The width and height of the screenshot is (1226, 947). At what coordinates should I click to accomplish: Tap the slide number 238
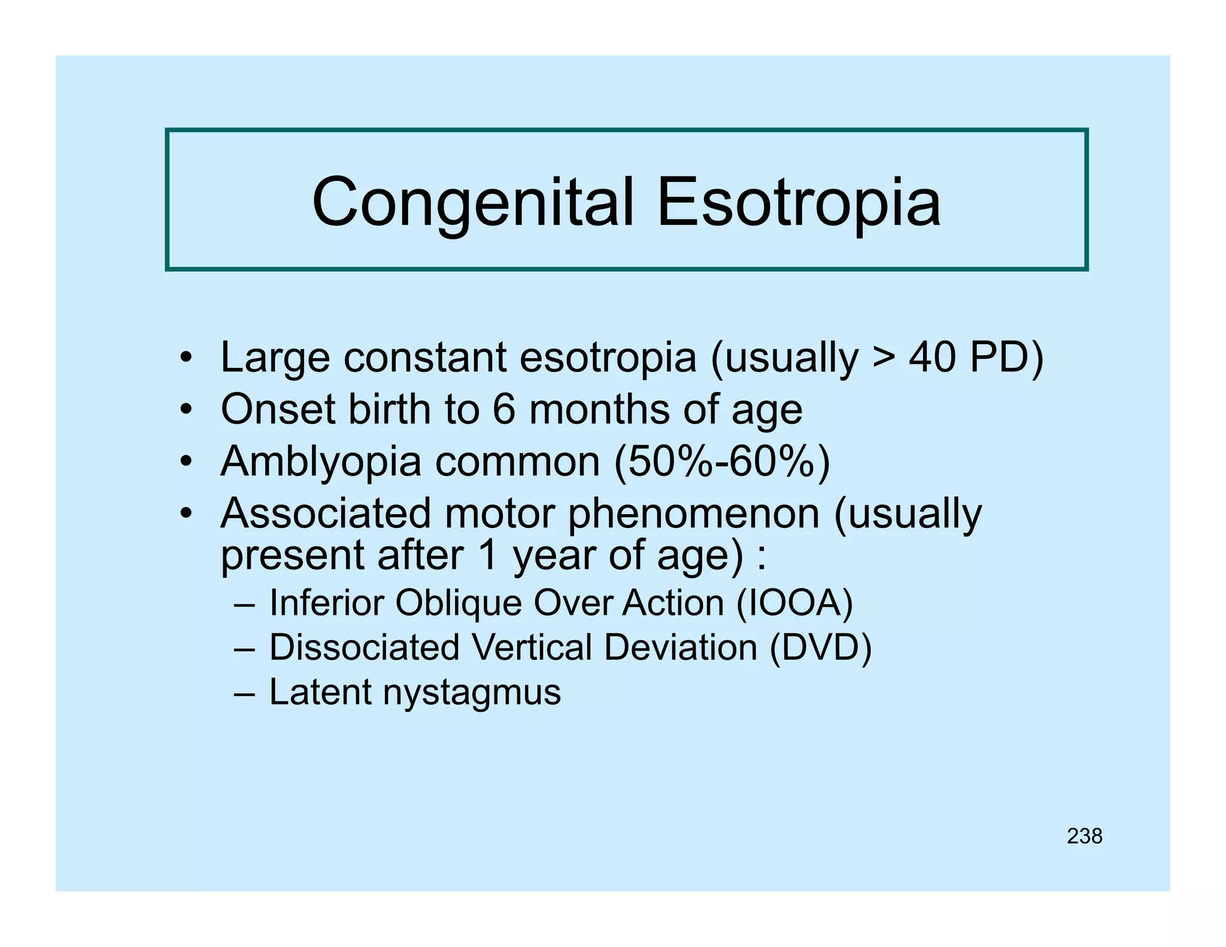1084,836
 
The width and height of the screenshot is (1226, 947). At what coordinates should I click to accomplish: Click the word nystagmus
472,693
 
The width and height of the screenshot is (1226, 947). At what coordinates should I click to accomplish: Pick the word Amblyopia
321,462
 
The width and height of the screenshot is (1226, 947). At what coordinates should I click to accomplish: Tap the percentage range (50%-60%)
722,462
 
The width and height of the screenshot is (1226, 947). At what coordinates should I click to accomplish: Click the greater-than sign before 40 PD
884,358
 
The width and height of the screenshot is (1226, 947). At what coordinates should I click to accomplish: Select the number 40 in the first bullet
932,357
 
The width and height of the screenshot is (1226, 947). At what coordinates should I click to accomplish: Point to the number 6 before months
503,409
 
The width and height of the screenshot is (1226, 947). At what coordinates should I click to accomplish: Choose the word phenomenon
693,514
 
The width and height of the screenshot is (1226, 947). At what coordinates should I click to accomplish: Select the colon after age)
761,556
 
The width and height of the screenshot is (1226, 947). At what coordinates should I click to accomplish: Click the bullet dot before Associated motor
186,514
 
